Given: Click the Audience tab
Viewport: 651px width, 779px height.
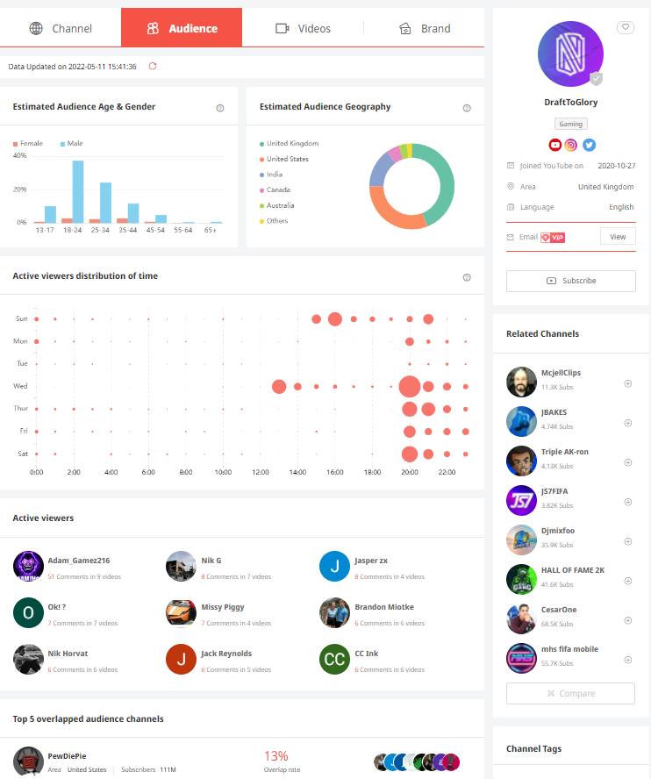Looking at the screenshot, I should coord(182,28).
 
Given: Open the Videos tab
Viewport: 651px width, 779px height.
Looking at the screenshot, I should coord(303,28).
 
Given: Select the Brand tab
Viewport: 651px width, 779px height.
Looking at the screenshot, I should coord(425,28).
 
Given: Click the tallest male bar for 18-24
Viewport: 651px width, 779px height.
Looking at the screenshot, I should coord(78,191).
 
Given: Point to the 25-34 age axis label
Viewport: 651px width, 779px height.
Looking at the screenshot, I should coord(99,229).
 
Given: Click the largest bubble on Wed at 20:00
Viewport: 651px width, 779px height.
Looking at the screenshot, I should coord(409,386).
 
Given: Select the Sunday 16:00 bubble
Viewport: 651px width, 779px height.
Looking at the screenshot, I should coord(334,319).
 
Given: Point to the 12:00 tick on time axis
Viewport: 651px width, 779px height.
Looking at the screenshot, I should coord(261,472).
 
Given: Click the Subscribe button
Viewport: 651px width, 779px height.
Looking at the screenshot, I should coord(570,281).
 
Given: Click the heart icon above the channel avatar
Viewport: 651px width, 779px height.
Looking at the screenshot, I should coord(625,27).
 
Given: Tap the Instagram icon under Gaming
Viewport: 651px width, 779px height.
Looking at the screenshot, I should coord(571,146).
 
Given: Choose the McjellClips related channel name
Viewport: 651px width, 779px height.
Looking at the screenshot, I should coord(561,373).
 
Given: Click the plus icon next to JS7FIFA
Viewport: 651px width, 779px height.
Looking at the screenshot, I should coord(627,502).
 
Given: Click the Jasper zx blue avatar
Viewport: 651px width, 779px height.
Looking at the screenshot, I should coord(334,567).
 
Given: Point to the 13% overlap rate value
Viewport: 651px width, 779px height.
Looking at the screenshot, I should coord(275,755).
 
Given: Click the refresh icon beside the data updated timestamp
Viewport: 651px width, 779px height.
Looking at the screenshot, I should coord(153,66).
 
